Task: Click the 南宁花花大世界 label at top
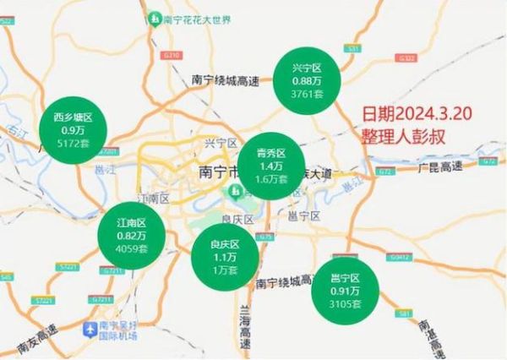click(x=193, y=18)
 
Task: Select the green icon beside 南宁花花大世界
click(x=155, y=18)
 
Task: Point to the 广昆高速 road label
click(x=439, y=166)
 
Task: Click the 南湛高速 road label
click(x=488, y=325)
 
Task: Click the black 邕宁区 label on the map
click(x=305, y=216)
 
